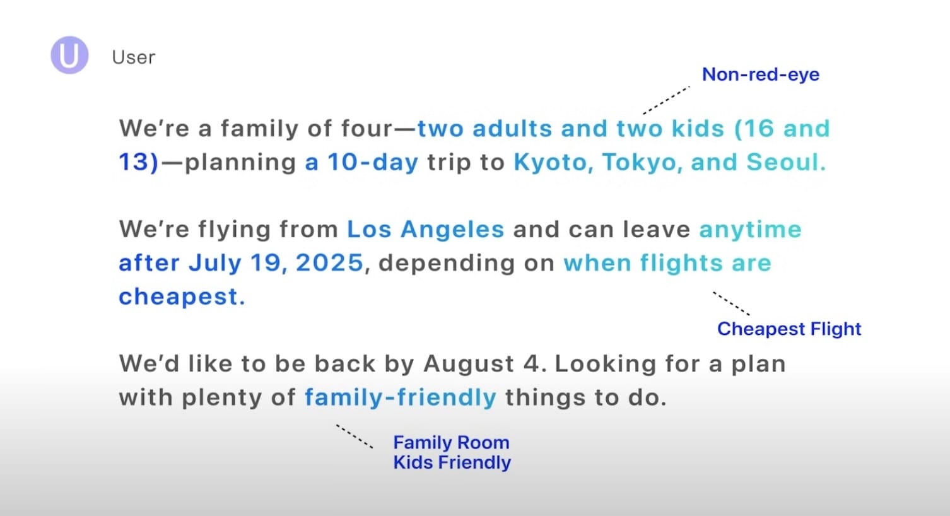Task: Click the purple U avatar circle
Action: coord(69,55)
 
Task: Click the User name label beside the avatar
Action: coord(134,57)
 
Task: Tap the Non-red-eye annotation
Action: coord(761,74)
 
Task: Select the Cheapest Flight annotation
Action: coord(789,329)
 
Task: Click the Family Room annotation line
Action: coord(451,442)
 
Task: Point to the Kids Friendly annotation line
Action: coord(452,462)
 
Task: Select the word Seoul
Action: coord(786,162)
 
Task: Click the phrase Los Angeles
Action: coord(426,230)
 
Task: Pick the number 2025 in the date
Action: coord(329,262)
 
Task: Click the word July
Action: coord(215,263)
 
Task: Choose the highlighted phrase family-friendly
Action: coord(401,397)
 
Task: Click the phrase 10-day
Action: coord(373,162)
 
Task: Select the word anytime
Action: coord(750,230)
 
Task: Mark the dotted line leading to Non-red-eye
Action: coord(666,100)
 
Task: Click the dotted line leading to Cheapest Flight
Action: coord(731,303)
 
